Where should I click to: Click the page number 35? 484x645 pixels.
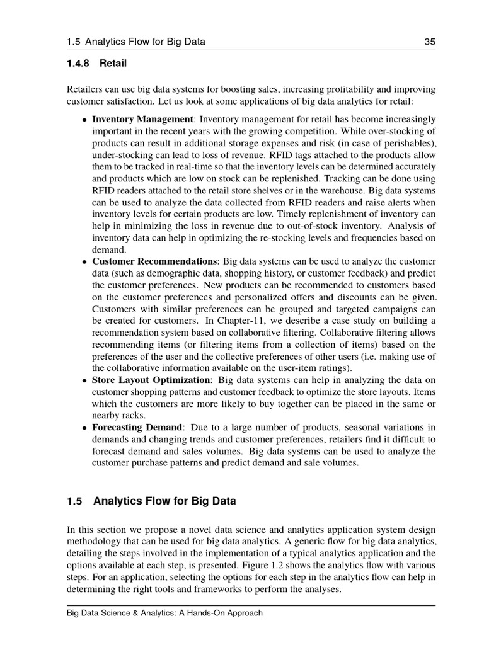[430, 42]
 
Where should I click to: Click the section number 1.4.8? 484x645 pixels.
[79, 63]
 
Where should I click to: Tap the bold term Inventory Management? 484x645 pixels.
[142, 119]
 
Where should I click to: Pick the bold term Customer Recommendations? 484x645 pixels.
[154, 261]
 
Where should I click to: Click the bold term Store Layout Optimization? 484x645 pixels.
[151, 380]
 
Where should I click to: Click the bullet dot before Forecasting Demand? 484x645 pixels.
[85, 428]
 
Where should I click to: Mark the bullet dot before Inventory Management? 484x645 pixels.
[85, 120]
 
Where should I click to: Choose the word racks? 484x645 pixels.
[132, 415]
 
